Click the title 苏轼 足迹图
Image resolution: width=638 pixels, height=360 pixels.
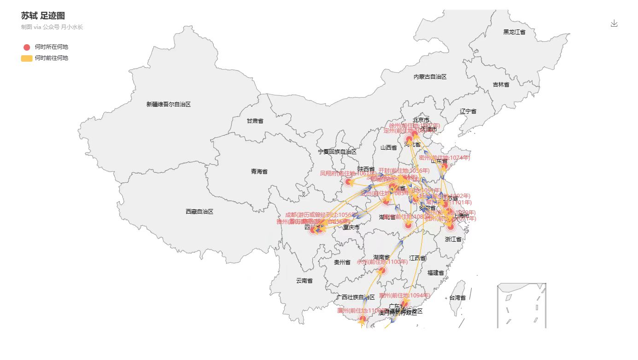(x=43, y=16)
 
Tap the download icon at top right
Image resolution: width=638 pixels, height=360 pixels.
(x=614, y=23)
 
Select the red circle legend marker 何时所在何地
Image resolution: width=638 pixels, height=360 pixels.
(x=27, y=47)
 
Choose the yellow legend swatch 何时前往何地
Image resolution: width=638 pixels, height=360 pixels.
(x=27, y=58)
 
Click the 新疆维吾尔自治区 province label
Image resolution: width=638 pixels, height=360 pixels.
(x=169, y=105)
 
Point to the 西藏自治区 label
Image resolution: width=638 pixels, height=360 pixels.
(x=199, y=212)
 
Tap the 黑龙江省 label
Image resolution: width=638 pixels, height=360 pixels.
(x=514, y=32)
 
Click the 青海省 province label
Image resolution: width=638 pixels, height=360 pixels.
(x=259, y=172)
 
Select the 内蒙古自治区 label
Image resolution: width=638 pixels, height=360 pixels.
(x=430, y=77)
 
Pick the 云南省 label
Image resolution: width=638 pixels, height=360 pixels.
(x=304, y=281)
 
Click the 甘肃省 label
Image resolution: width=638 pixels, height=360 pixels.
(x=255, y=121)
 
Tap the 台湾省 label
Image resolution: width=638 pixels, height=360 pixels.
(x=457, y=298)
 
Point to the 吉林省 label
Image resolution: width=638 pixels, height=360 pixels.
(x=501, y=85)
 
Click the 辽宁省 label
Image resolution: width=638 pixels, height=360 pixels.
(x=468, y=111)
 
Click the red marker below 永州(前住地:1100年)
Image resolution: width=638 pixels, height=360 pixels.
(x=382, y=270)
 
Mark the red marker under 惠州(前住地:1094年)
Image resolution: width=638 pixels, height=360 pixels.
(x=405, y=303)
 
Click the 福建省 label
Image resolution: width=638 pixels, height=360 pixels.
(x=436, y=273)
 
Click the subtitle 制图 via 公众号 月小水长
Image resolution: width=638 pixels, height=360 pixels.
(x=52, y=27)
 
